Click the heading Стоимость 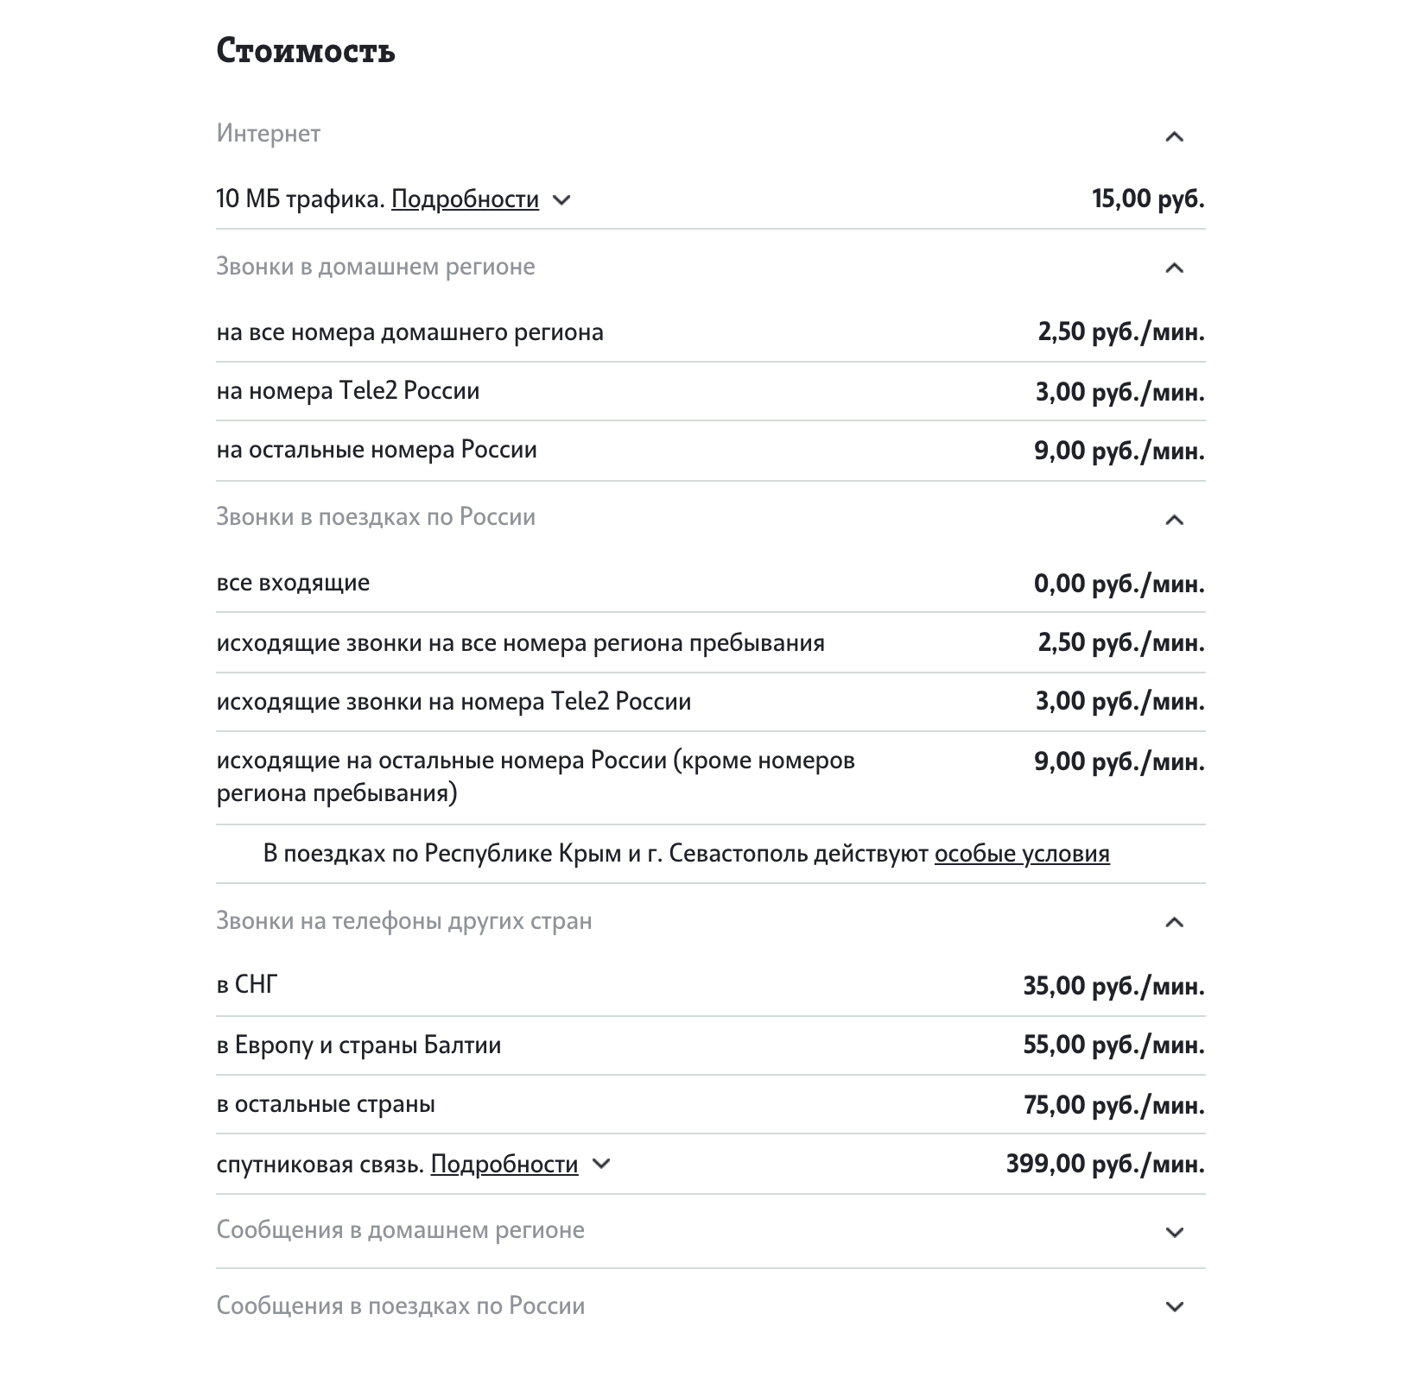point(306,51)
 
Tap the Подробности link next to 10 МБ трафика point(465,199)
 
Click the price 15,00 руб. point(1148,199)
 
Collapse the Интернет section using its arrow point(1174,136)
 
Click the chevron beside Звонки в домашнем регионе point(1174,268)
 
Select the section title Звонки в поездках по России point(376,517)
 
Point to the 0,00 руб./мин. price point(1119,584)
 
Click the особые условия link point(1022,854)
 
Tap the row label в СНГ point(247,985)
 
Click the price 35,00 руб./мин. point(1113,986)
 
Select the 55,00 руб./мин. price point(1113,1045)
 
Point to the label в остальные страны point(326,1104)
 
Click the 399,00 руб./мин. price point(1105,1165)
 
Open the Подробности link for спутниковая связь point(504,1165)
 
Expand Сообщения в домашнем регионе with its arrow point(1174,1232)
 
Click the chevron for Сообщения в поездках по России point(1174,1306)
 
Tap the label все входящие point(293,583)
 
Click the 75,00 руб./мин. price point(1113,1105)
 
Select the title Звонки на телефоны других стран point(404,921)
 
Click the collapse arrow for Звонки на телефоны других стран point(1174,922)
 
